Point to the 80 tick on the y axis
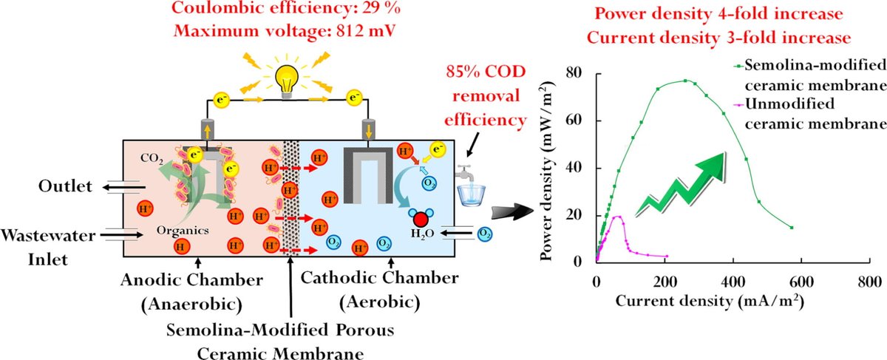(x=580, y=73)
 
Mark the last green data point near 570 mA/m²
(x=792, y=228)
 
